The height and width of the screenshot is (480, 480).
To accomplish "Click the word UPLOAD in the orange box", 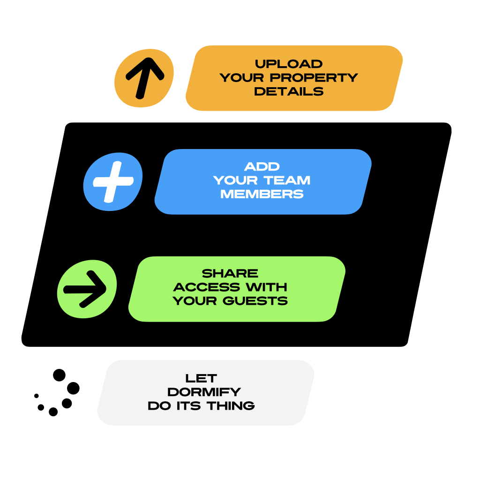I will pos(288,64).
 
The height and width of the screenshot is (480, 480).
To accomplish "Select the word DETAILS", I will pos(288,91).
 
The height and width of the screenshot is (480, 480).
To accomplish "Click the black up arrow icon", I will pos(144,77).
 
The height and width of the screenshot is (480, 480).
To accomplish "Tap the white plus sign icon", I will pos(113,181).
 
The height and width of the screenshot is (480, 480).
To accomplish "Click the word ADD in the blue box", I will pos(262,166).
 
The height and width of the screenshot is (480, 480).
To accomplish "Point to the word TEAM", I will pos(287,180).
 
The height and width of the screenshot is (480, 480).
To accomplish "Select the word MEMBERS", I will pos(262,194).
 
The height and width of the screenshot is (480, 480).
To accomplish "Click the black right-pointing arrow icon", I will pos(86,289).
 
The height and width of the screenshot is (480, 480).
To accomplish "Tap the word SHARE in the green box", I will pos(230,273).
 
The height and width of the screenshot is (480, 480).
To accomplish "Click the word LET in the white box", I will pos(201,378).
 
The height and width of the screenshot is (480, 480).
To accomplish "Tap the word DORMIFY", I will pos(204,391).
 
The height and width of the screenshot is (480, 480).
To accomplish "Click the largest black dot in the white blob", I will pos(73,388).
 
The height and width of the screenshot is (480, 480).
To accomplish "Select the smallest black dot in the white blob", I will pos(37,396).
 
